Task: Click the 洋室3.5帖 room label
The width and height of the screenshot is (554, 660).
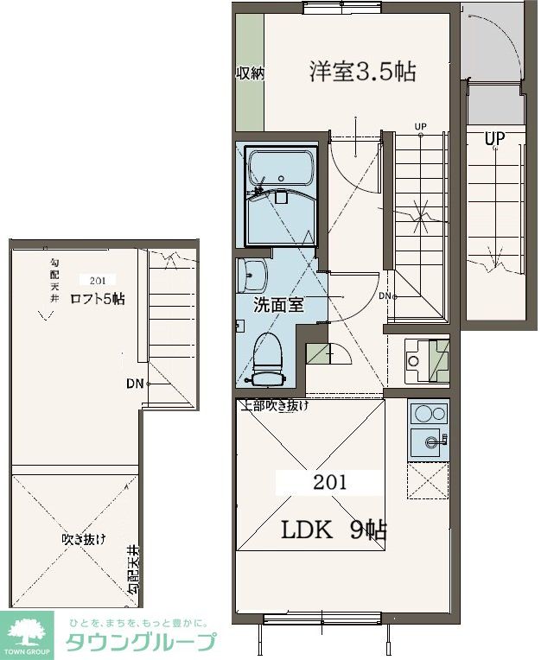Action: tap(362, 72)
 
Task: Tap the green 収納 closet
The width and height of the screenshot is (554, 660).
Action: tap(250, 72)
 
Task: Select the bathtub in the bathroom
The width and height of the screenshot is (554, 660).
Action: tap(281, 168)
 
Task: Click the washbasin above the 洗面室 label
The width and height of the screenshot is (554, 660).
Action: tap(252, 276)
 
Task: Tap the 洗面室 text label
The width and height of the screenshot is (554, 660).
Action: tap(278, 305)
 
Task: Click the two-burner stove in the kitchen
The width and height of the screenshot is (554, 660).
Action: tap(430, 413)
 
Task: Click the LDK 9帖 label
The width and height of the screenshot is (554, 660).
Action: tap(334, 530)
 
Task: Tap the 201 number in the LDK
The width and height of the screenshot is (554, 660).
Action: tap(329, 482)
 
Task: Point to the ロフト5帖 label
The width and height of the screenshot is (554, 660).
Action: tap(98, 299)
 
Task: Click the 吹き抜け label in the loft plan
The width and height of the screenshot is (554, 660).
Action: tap(84, 539)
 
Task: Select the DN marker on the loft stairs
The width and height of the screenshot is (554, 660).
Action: tap(135, 384)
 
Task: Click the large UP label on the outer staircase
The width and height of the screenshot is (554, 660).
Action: tap(494, 139)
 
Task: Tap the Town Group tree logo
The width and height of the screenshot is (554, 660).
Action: tap(27, 633)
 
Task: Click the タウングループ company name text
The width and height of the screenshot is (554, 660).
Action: tap(141, 643)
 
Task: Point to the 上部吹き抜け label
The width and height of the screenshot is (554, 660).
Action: tap(275, 406)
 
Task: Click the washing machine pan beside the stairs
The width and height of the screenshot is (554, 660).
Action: tap(427, 362)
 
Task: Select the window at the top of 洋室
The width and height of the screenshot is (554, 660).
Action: tap(342, 7)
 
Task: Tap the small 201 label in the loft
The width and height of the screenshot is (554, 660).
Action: tap(98, 281)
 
